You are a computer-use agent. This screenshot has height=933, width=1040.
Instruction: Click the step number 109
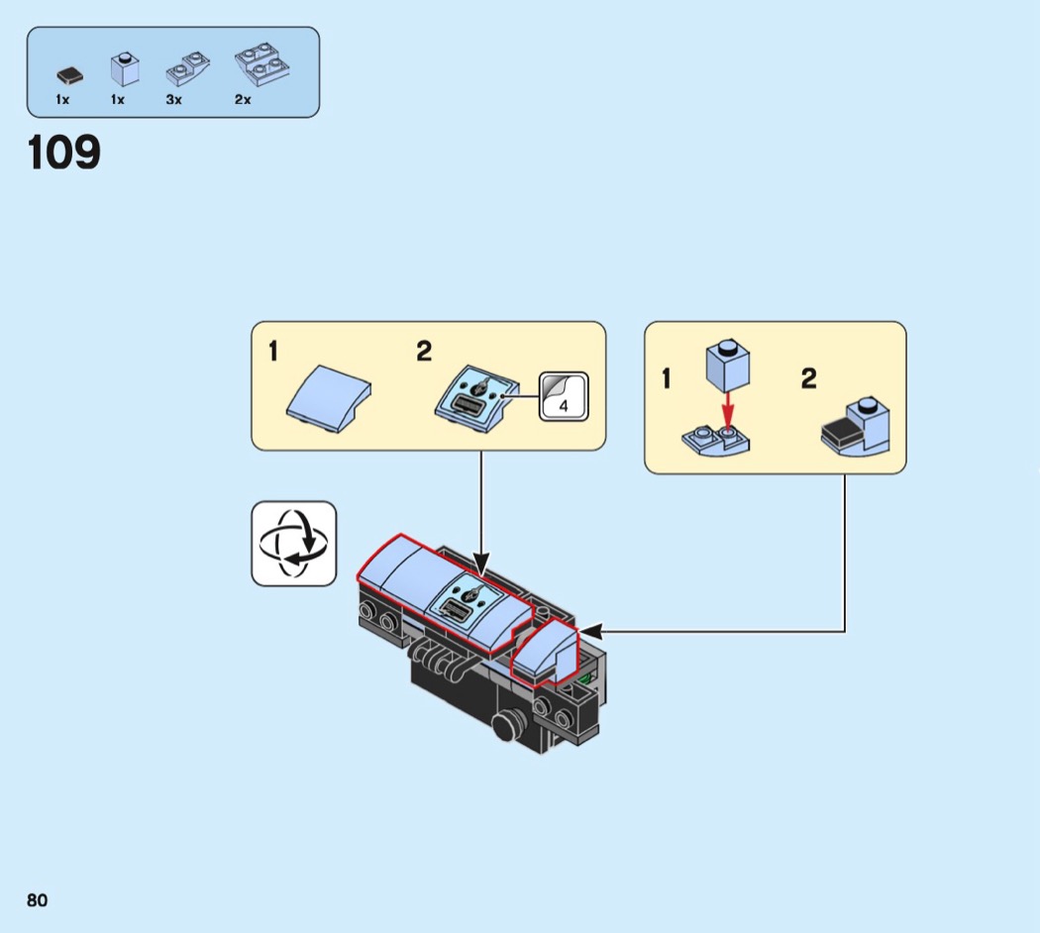pos(64,153)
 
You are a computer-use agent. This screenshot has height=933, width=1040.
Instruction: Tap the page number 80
pos(37,899)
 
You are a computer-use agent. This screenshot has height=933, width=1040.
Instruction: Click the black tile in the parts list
pos(68,74)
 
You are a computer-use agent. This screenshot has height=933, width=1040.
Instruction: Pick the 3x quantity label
pos(174,100)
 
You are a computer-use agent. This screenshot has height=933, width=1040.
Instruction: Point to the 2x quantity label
pos(243,100)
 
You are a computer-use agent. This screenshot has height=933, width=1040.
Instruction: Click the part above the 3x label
pos(188,69)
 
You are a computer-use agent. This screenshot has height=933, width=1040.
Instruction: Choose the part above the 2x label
pos(261,63)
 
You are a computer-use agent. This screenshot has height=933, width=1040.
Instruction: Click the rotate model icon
pos(293,543)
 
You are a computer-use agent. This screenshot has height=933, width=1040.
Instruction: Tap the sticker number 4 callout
pos(563,396)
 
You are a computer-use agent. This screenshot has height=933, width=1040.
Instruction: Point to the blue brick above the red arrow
pos(727,364)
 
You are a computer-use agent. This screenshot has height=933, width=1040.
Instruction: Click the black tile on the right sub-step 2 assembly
pos(841,433)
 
